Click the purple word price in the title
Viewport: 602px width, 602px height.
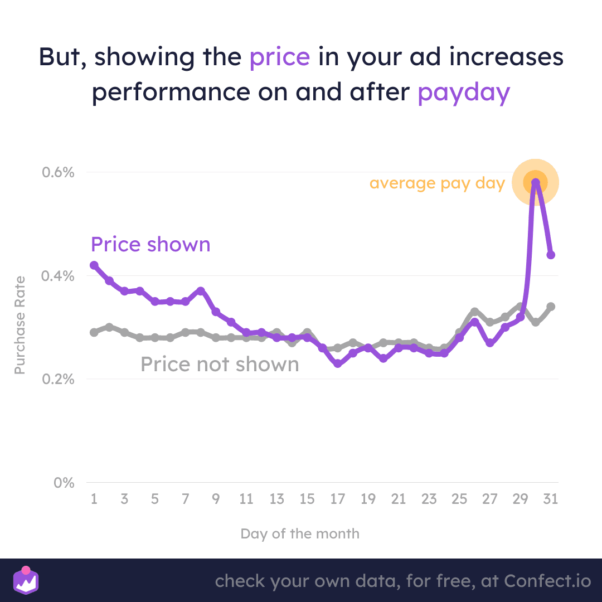click(x=279, y=58)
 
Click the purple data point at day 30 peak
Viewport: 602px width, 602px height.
click(x=535, y=182)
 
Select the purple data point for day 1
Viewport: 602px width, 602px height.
click(x=94, y=265)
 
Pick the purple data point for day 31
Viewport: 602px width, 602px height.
click(x=551, y=255)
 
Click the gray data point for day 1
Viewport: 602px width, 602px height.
click(x=94, y=332)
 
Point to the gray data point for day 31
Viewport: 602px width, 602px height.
click(x=551, y=306)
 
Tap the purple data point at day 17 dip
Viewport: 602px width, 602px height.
click(x=338, y=363)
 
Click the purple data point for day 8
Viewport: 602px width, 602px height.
click(x=201, y=291)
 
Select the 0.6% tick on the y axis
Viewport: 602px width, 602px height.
click(x=58, y=172)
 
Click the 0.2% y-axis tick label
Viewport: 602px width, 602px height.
click(x=58, y=379)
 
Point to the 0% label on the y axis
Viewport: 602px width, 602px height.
click(x=64, y=483)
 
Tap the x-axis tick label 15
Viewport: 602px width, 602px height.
click(x=307, y=499)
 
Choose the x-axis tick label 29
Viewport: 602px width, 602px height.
click(x=520, y=499)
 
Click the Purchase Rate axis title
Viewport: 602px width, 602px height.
click(x=20, y=325)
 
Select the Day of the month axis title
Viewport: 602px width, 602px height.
click(x=300, y=533)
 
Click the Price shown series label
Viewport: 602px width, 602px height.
click(x=151, y=245)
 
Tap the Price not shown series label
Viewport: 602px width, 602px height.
click(x=220, y=364)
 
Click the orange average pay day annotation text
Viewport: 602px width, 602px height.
click(x=437, y=183)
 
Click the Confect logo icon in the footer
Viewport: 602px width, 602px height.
click(x=26, y=580)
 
